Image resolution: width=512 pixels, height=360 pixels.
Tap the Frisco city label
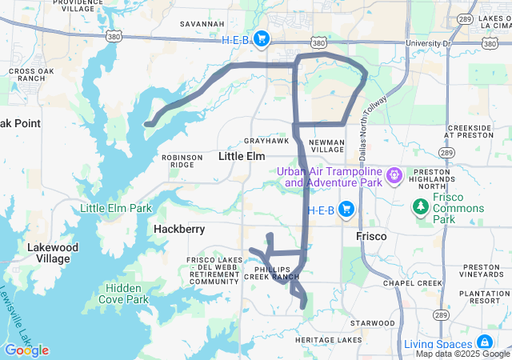[371, 237]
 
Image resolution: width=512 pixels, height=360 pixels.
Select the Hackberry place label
[179, 230]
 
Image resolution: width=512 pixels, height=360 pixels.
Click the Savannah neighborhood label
[202, 24]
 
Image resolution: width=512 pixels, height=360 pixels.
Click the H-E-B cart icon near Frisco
[346, 210]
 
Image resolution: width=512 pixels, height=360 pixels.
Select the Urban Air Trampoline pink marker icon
[394, 174]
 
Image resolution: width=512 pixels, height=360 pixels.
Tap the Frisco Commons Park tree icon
[421, 208]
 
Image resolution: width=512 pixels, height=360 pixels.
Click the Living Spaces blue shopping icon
[485, 343]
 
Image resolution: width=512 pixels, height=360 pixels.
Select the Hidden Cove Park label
[126, 294]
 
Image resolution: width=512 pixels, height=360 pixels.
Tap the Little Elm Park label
[116, 209]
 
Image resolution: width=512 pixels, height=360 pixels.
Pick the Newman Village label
[326, 145]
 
